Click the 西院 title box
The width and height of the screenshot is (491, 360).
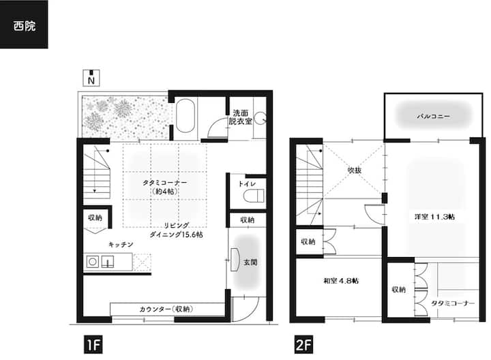pos(24,25)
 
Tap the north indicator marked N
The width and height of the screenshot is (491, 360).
pos(91,78)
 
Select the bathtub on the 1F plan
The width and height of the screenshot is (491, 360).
pos(185,116)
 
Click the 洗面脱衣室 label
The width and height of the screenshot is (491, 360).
pos(241,117)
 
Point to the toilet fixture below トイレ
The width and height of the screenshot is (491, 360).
pos(254,196)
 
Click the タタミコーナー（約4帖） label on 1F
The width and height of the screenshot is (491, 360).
pos(165,187)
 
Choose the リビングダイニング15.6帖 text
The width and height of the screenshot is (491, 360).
pos(177,230)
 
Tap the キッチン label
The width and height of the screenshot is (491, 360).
pos(121,245)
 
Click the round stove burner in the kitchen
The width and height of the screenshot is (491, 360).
pos(92,261)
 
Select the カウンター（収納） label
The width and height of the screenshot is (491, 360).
pos(166,310)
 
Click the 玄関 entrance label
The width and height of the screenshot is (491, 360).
pos(250,262)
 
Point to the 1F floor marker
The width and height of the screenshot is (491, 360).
pos(93,345)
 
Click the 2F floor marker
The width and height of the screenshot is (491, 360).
pos(303,345)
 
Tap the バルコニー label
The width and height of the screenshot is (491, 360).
pos(434,117)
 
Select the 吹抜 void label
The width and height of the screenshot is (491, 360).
pos(355,170)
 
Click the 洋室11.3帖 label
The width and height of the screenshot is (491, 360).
pos(434,217)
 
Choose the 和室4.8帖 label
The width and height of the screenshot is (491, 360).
pos(341,281)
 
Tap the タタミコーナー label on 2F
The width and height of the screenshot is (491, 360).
pos(453,303)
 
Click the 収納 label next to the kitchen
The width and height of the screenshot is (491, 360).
pos(95,217)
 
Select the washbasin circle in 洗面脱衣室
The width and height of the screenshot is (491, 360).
pos(260,119)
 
